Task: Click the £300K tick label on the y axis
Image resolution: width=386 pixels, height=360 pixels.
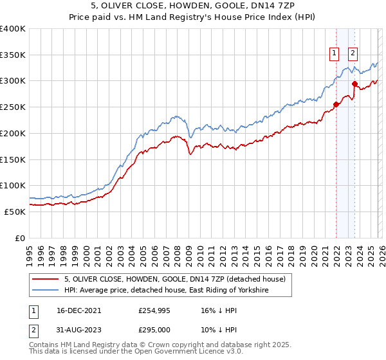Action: pos(13,81)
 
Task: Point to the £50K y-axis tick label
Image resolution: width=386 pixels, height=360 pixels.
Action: pos(15,212)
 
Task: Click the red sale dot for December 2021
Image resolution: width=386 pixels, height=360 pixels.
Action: pos(336,104)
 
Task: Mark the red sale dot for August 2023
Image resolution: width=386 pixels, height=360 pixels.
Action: pos(355,84)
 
